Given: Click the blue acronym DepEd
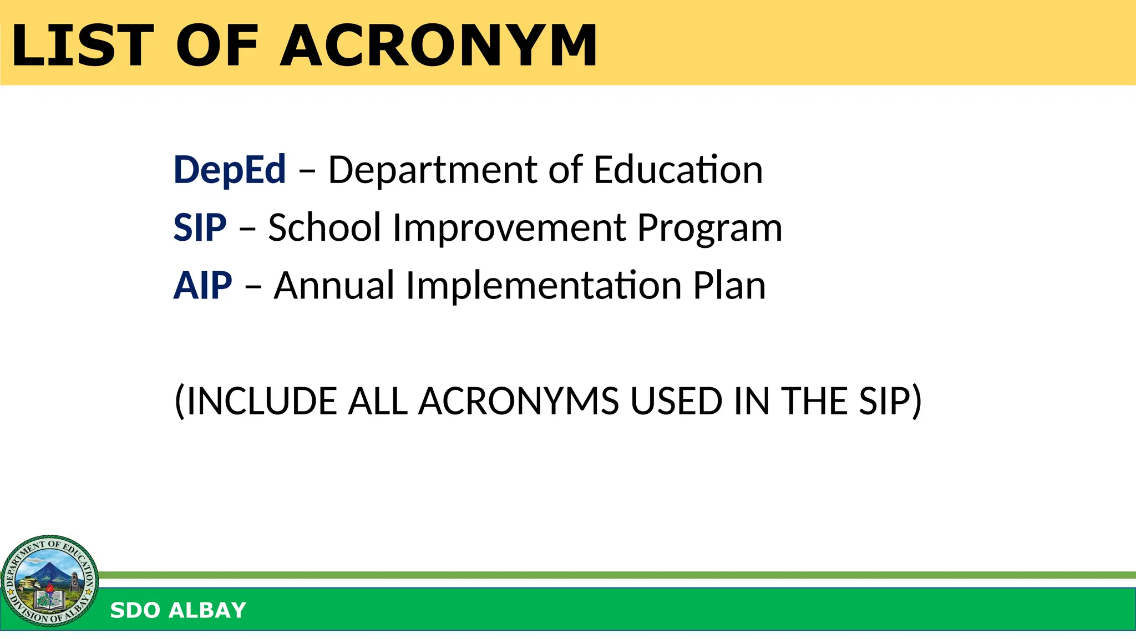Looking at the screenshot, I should [230, 170].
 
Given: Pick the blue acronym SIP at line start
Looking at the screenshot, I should [200, 227].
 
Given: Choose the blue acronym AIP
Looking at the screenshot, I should [202, 286].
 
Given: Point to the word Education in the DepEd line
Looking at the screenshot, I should [678, 170].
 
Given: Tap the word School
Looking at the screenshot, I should [324, 227].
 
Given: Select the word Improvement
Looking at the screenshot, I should [509, 227].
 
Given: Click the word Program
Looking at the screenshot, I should [709, 229].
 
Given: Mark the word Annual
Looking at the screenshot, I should [334, 286].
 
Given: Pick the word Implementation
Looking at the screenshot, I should [544, 286].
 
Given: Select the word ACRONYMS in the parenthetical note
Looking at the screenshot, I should [519, 401].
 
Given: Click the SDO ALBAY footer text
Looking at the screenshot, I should [178, 610].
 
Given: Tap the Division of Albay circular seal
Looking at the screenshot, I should [50, 581].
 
